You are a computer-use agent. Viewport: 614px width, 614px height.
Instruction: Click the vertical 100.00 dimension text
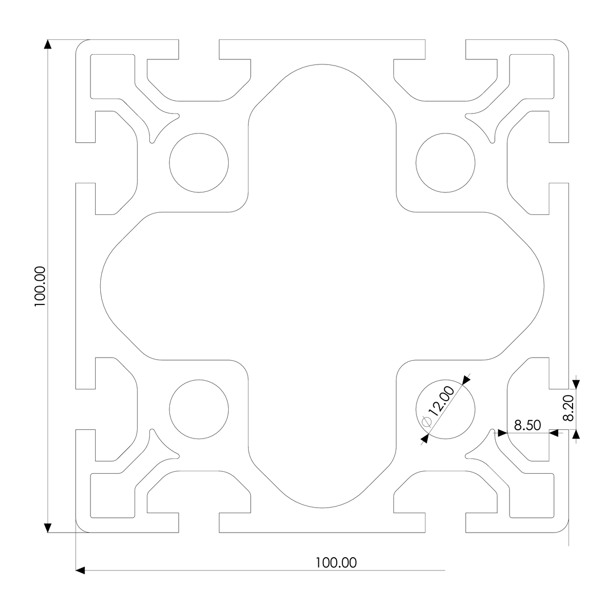40,287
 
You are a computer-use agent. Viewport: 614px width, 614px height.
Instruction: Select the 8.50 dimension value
525,425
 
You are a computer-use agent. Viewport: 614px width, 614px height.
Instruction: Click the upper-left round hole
199,163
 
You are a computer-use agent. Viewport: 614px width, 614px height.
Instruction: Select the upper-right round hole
446,163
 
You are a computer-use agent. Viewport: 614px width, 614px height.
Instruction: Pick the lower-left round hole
199,410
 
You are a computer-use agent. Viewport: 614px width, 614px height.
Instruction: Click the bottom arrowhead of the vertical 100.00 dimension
48,528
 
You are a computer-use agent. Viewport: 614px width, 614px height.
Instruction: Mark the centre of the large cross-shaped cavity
322,287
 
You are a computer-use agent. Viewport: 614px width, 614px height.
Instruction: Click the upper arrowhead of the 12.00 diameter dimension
466,380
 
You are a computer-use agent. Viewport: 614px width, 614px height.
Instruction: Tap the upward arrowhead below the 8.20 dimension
576,434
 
